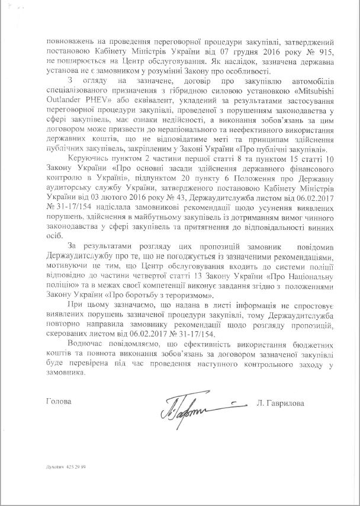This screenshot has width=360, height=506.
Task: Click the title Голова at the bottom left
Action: (58, 402)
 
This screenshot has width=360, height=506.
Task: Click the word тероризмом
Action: (188, 294)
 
